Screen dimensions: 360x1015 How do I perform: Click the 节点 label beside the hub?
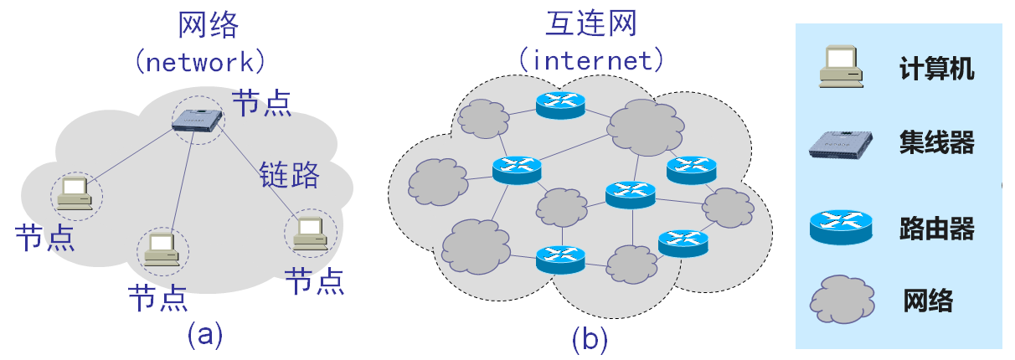[x=261, y=103]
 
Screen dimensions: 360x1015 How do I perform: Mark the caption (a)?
[x=204, y=335]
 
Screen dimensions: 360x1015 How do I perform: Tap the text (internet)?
[x=591, y=60]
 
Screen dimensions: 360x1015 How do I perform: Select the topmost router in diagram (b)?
[x=560, y=103]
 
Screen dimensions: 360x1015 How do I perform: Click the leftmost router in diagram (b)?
[x=516, y=170]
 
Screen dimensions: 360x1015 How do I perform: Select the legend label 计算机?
[x=936, y=69]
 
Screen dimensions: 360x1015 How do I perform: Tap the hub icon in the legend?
[x=841, y=144]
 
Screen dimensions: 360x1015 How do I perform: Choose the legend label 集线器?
[x=936, y=143]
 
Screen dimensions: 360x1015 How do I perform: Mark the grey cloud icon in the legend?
[x=840, y=300]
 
